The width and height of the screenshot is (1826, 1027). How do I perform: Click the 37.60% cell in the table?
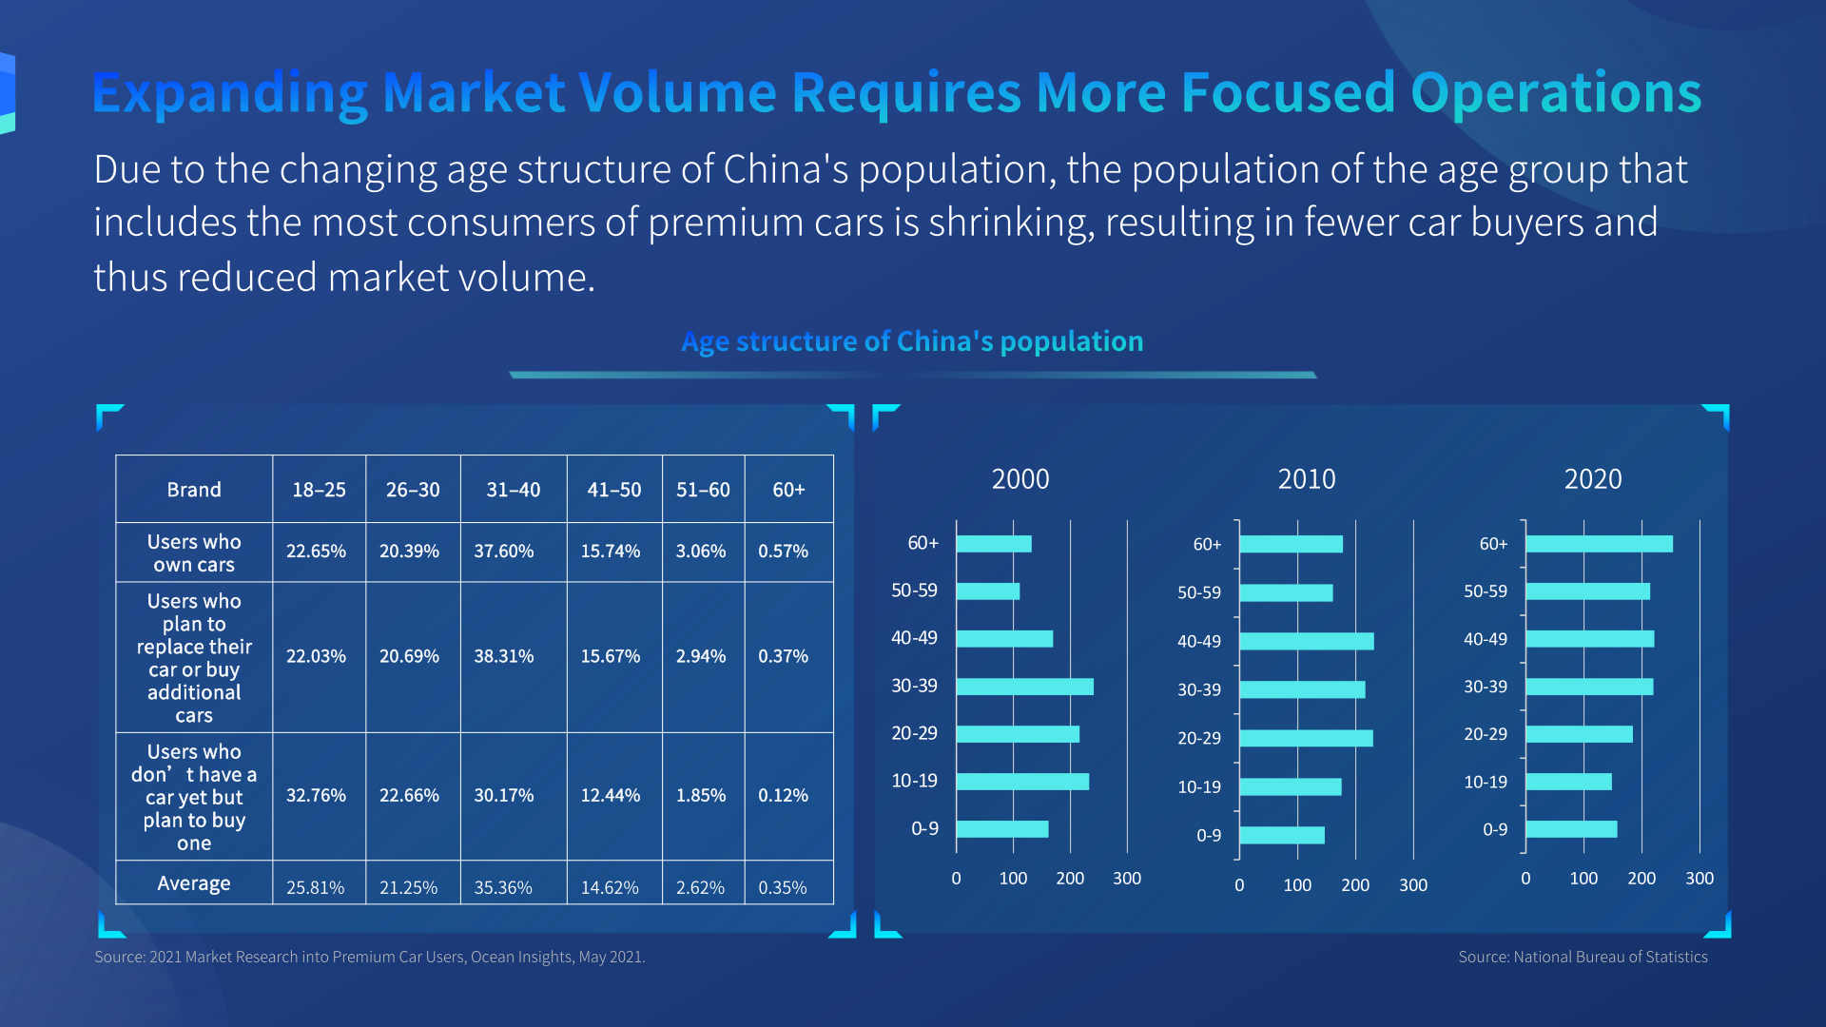point(504,552)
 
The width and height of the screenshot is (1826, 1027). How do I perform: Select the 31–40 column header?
point(514,490)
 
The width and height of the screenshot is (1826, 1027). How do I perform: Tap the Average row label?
point(194,883)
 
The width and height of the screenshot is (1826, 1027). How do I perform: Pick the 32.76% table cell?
point(316,795)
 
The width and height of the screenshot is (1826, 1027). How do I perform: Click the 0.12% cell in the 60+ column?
point(783,795)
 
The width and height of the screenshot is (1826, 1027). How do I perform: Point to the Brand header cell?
point(194,490)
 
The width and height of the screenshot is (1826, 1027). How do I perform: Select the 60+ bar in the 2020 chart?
point(1599,544)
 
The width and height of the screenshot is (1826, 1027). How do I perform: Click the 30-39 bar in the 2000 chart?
point(1024,687)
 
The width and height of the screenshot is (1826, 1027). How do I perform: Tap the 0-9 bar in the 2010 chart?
point(1281,835)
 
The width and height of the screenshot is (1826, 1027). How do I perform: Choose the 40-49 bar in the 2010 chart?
point(1306,641)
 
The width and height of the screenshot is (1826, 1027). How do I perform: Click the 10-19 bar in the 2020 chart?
point(1568,782)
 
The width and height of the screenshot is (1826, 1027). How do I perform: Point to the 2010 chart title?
point(1307,478)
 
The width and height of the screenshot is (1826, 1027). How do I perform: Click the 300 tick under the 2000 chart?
point(1127,879)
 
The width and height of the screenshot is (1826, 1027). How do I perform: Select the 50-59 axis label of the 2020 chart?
point(1486,591)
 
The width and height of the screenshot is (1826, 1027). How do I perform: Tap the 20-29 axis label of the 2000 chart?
point(914,733)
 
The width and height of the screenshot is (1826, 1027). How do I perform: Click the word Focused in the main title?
point(1288,92)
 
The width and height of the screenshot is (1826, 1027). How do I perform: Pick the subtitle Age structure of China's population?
point(912,341)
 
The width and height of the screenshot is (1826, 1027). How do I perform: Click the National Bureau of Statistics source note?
point(1583,957)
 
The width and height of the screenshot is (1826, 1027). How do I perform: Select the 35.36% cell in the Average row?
point(503,887)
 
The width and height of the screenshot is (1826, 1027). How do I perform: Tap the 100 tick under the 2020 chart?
point(1583,879)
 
